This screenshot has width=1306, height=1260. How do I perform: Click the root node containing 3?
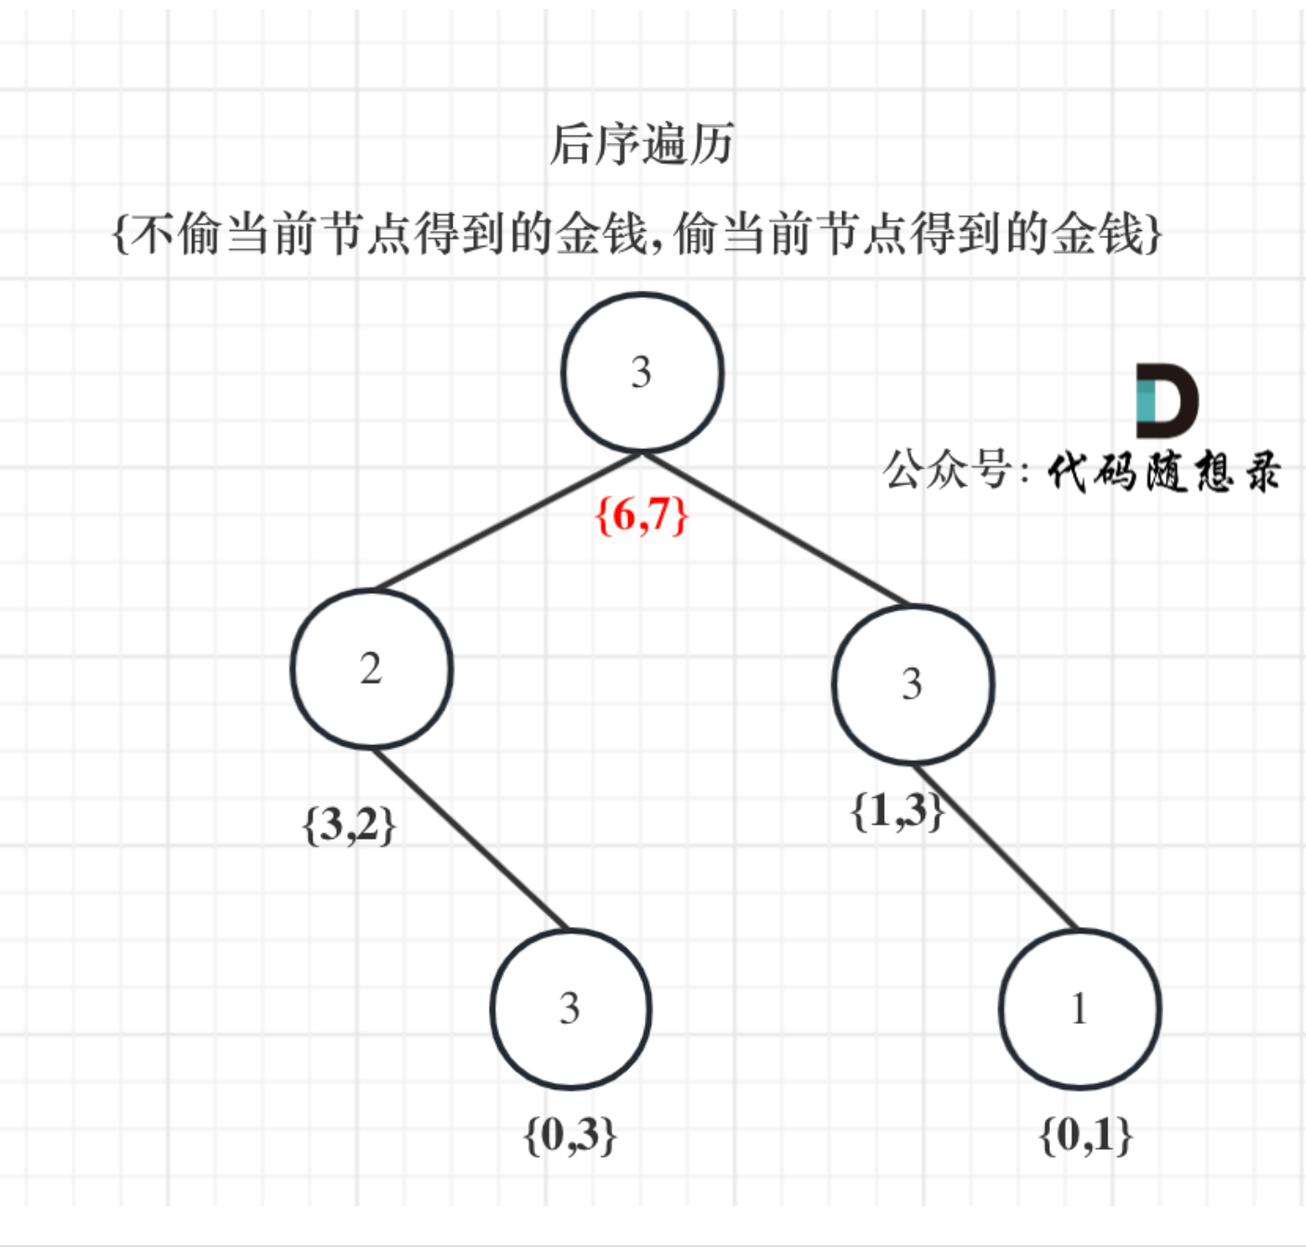point(642,373)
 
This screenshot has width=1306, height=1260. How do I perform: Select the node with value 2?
point(371,669)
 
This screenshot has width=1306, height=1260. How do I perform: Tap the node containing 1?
point(1080,1009)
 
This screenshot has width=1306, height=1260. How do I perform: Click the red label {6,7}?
point(642,515)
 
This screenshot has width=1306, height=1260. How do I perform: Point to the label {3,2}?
point(350,824)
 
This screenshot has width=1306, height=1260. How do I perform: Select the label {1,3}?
point(897,811)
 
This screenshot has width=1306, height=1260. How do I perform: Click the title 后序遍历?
point(642,145)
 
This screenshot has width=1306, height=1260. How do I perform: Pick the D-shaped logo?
point(1167,401)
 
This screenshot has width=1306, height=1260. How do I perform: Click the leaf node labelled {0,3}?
point(570,1009)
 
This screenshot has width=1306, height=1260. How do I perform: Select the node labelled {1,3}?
point(913,685)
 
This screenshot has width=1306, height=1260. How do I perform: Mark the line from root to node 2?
point(506,522)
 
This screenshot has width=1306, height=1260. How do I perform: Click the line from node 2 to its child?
point(470,839)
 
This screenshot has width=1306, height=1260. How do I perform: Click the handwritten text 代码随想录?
point(1164,471)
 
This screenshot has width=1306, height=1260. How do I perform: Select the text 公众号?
point(946,469)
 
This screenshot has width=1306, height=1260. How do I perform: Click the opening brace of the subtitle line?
point(120,233)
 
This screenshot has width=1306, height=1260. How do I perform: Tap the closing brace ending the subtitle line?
point(1154,233)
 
